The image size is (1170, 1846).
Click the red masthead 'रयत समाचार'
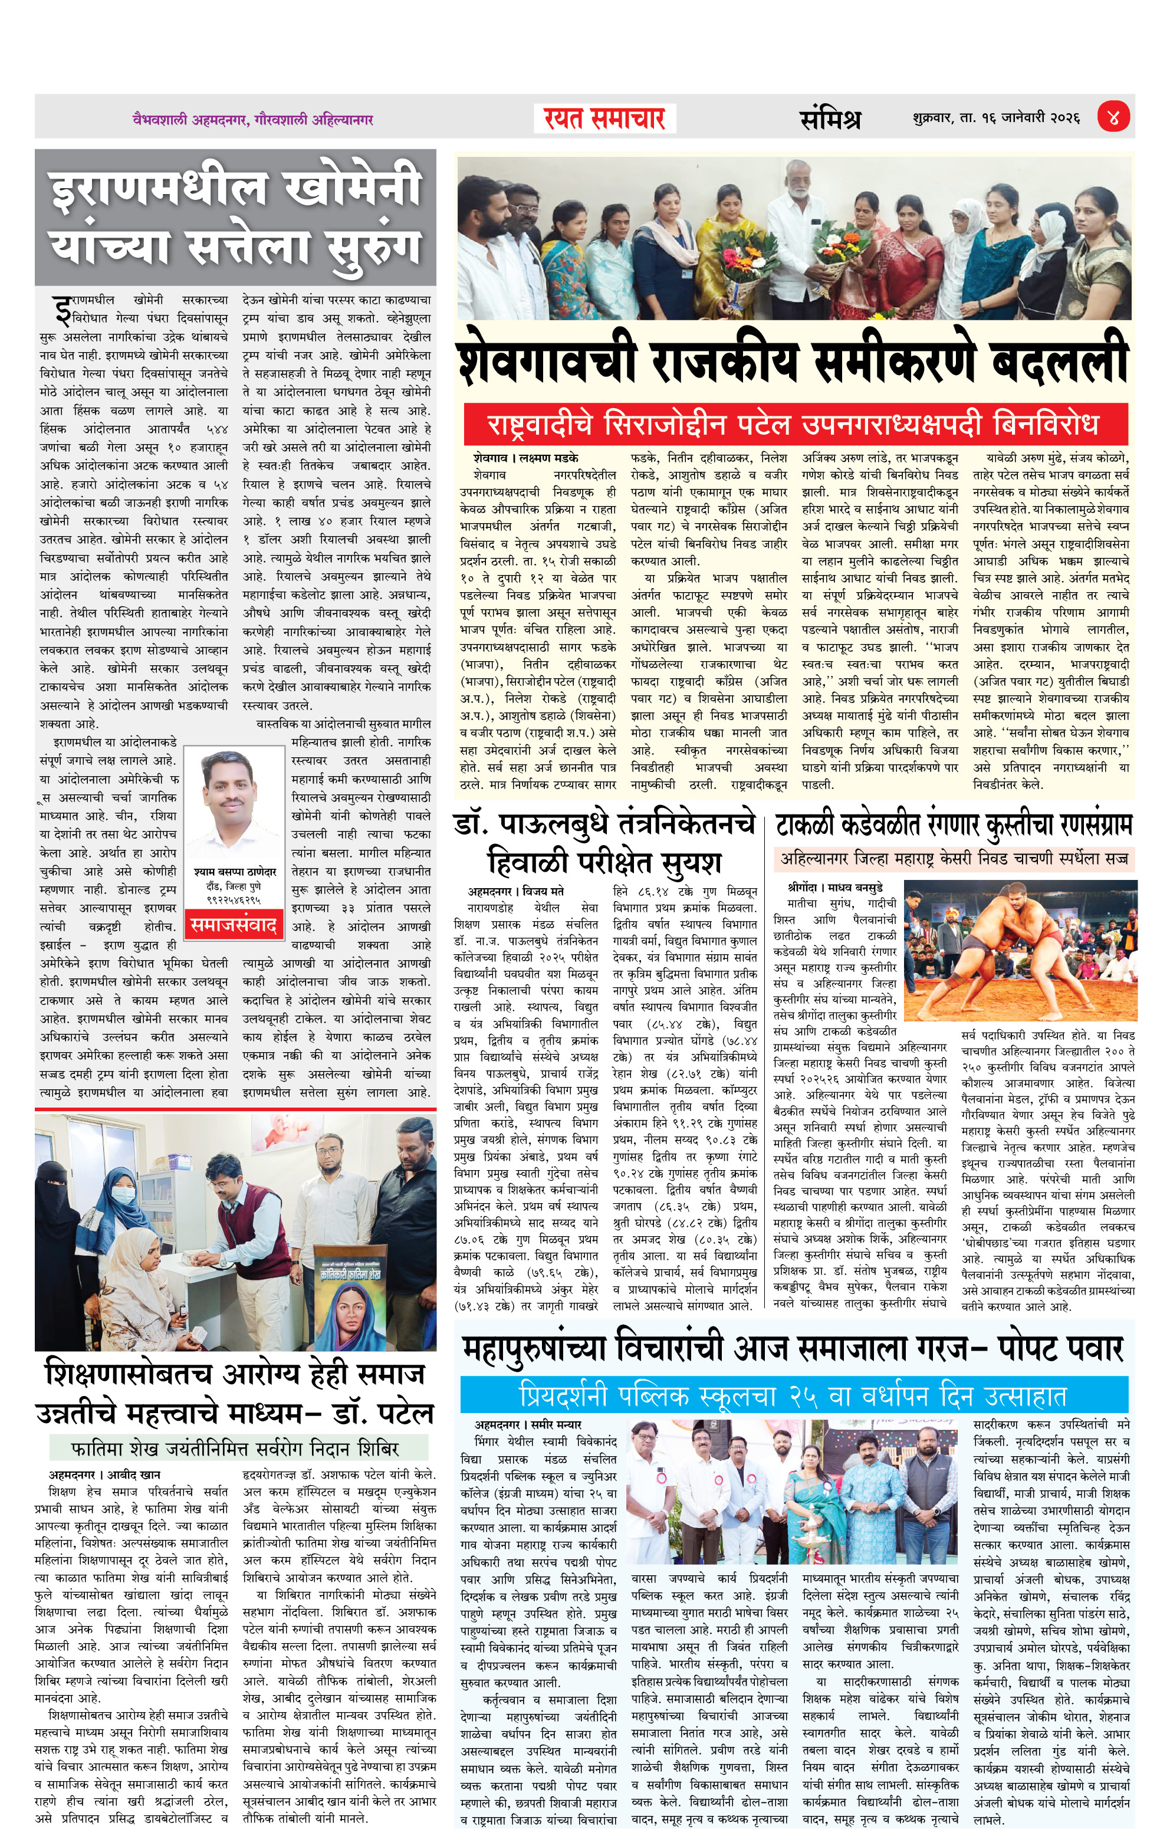(x=604, y=119)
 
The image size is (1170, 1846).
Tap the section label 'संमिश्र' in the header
(x=830, y=119)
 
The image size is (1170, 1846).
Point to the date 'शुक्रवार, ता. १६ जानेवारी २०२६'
(x=995, y=118)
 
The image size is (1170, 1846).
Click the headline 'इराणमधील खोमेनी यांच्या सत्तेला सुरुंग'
(x=235, y=217)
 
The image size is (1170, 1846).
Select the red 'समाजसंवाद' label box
(x=233, y=925)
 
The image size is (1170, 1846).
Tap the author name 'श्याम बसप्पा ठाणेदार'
(x=235, y=872)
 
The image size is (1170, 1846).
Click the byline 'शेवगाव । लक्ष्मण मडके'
(x=525, y=458)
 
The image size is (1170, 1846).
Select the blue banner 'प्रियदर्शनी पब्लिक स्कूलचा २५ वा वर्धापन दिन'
(x=794, y=1394)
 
